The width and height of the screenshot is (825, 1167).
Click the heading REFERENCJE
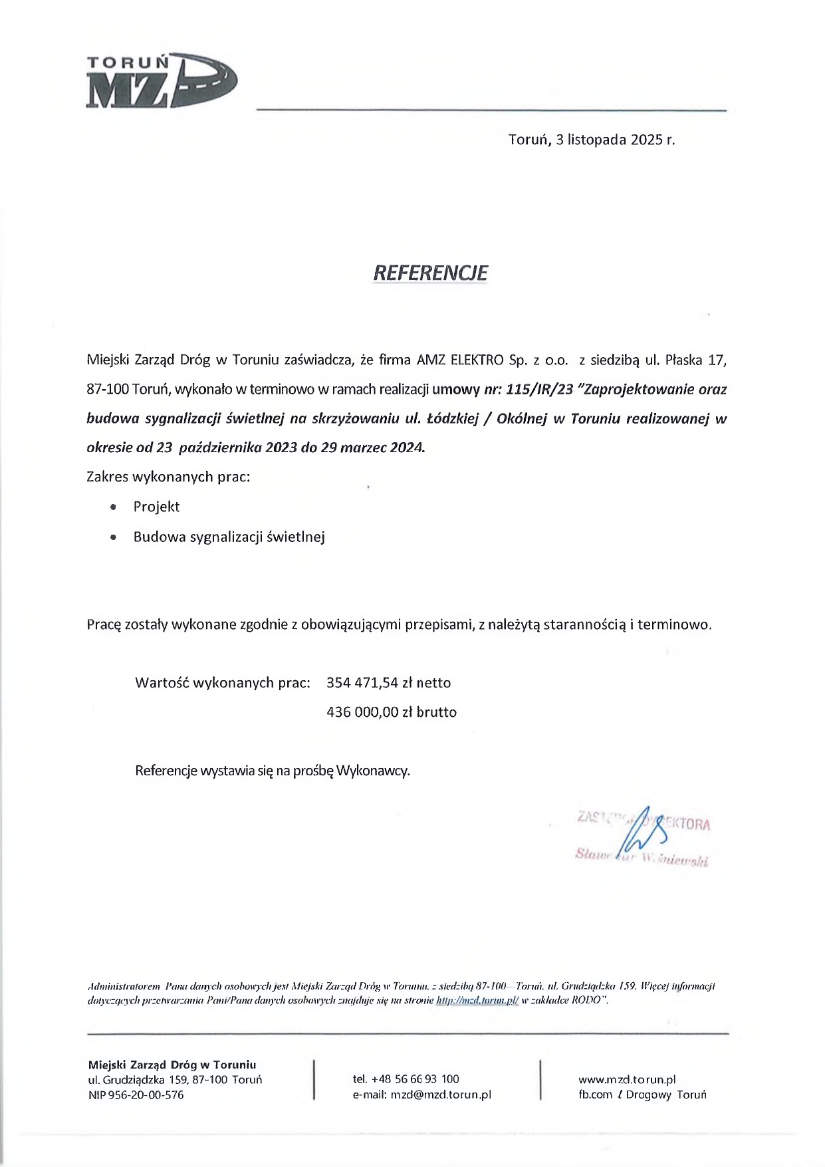point(430,273)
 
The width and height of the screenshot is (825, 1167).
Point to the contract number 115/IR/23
point(539,390)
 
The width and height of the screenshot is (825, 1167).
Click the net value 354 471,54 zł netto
point(389,683)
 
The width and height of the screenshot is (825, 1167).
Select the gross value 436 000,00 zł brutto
point(392,712)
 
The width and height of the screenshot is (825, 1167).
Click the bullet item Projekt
point(156,507)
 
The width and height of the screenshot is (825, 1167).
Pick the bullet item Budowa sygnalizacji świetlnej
point(229,537)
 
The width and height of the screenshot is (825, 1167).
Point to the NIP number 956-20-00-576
point(145,1095)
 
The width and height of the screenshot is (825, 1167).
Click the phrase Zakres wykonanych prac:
point(169,477)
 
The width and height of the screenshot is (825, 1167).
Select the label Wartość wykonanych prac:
point(223,683)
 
